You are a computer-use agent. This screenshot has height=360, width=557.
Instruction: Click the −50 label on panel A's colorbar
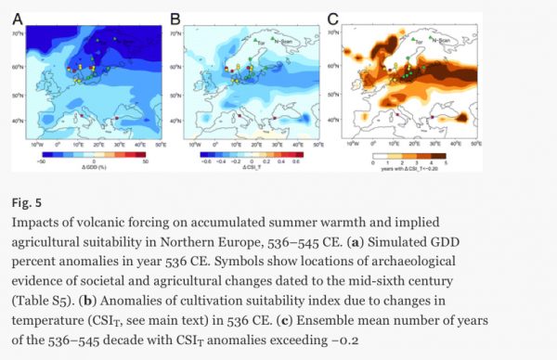41,160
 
